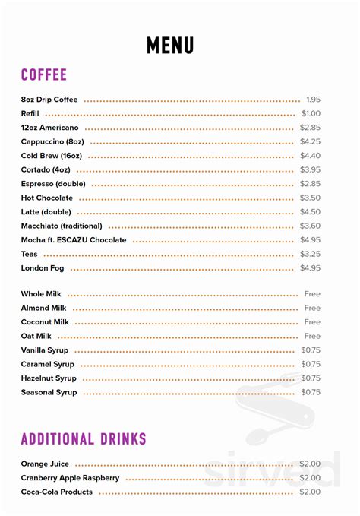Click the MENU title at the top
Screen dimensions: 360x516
[169, 45]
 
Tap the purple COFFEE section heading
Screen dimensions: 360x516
[44, 74]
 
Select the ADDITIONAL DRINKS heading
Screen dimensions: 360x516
[84, 438]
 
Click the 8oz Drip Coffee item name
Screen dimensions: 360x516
[50, 100]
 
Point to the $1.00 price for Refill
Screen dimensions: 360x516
[310, 113]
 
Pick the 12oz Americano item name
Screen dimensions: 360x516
[50, 128]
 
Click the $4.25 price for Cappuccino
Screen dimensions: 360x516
[310, 141]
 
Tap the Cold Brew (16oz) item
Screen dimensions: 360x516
[52, 156]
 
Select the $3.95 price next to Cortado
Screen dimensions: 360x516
[310, 169]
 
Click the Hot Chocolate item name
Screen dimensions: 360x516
[47, 198]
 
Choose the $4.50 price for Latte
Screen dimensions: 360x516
[310, 212]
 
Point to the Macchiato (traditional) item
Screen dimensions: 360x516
[62, 226]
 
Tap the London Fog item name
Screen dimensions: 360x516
[43, 268]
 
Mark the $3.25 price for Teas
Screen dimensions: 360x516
[310, 254]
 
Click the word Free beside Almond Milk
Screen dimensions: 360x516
[312, 308]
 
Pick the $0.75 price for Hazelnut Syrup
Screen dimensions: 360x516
[310, 378]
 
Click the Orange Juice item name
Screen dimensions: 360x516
[46, 464]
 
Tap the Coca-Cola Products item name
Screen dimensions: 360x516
[57, 492]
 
